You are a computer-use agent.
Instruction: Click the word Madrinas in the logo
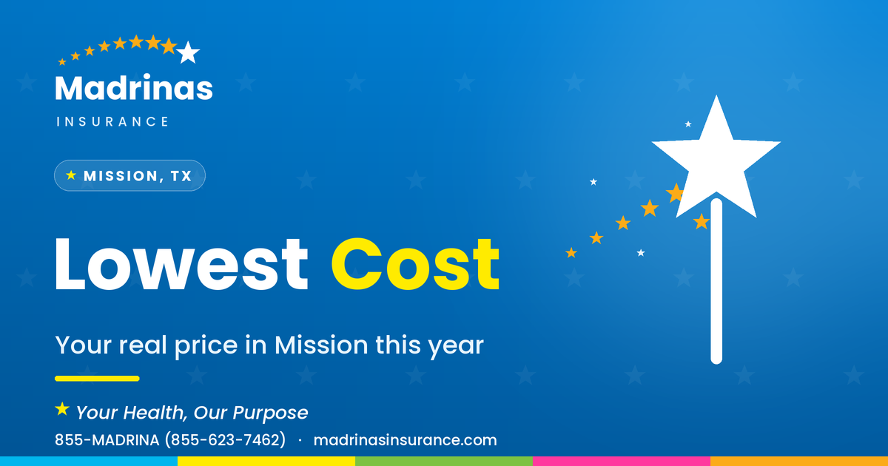pyautogui.click(x=134, y=87)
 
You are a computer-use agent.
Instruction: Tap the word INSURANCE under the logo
pyautogui.click(x=112, y=121)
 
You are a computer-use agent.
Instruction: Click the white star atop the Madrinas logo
pyautogui.click(x=188, y=53)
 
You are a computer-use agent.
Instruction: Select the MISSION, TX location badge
pyautogui.click(x=129, y=175)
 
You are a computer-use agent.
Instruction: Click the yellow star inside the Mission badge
pyautogui.click(x=71, y=175)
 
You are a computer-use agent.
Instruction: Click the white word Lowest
pyautogui.click(x=181, y=264)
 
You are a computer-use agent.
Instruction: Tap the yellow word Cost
pyautogui.click(x=415, y=264)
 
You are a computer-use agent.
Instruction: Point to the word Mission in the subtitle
pyautogui.click(x=321, y=345)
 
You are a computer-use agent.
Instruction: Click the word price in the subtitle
pyautogui.click(x=206, y=345)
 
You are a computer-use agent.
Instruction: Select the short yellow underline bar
pyautogui.click(x=97, y=379)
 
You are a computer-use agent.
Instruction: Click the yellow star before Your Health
pyautogui.click(x=62, y=409)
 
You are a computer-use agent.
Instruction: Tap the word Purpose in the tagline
pyautogui.click(x=270, y=413)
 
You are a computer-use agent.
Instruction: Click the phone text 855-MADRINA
pyautogui.click(x=107, y=440)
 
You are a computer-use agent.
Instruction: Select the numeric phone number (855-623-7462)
pyautogui.click(x=225, y=440)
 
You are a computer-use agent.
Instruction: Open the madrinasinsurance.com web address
pyautogui.click(x=406, y=440)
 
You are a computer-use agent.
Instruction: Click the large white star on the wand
pyautogui.click(x=716, y=158)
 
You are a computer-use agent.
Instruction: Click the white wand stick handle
pyautogui.click(x=716, y=281)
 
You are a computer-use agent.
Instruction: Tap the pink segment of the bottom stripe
pyautogui.click(x=622, y=462)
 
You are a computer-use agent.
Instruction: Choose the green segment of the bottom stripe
pyautogui.click(x=444, y=462)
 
